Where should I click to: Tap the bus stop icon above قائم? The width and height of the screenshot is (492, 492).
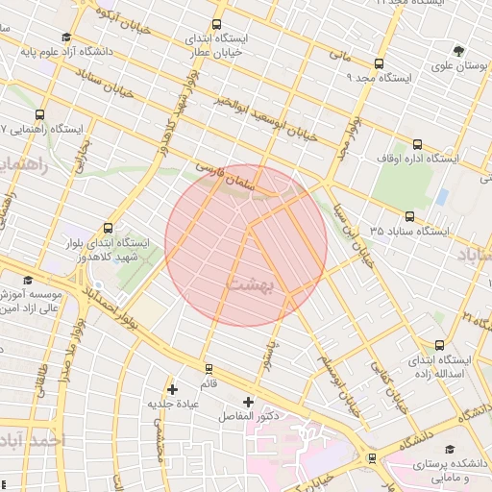[x=209, y=369]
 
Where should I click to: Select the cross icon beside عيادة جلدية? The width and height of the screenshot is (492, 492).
[x=172, y=389]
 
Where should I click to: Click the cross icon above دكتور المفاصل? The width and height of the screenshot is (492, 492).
[x=249, y=401]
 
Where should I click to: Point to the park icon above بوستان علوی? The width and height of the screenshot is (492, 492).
[x=458, y=49]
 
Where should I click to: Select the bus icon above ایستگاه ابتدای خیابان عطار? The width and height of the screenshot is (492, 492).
[x=216, y=24]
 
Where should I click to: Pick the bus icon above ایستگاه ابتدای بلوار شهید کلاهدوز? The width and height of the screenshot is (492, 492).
[x=107, y=229]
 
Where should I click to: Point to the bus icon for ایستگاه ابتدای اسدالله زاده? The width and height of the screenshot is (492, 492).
[x=439, y=344]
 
